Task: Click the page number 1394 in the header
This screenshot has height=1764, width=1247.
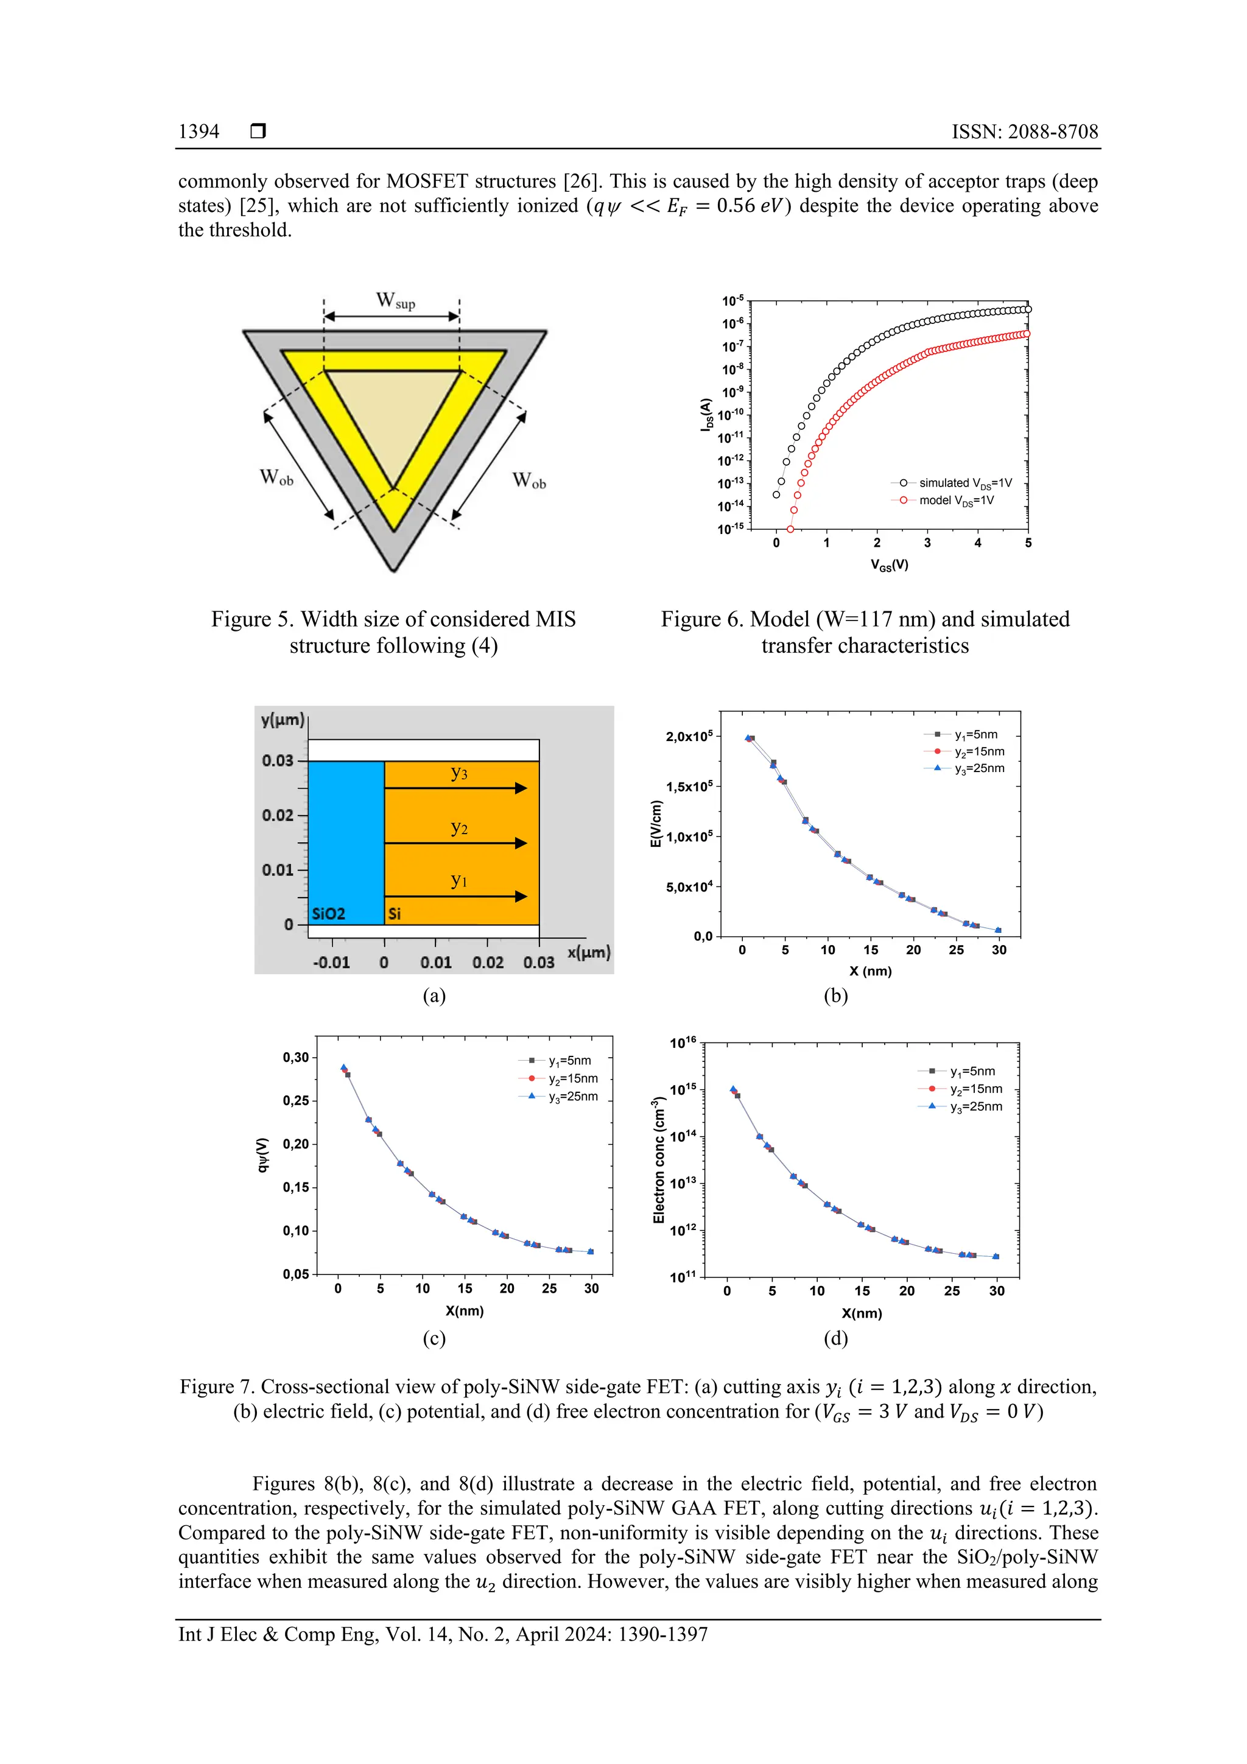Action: pyautogui.click(x=198, y=132)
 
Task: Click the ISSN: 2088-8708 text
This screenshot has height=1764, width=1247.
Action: pyautogui.click(x=1025, y=132)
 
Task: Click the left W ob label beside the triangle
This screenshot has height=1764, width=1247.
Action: pyautogui.click(x=276, y=477)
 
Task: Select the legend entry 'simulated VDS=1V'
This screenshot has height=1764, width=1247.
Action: pyautogui.click(x=965, y=483)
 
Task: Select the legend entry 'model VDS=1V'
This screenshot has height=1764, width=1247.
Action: pyautogui.click(x=956, y=501)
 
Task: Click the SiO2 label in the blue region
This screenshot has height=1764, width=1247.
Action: pyautogui.click(x=328, y=913)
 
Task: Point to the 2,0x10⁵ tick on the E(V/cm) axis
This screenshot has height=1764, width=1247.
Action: pyautogui.click(x=689, y=737)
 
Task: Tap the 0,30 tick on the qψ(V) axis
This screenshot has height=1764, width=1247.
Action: pyautogui.click(x=296, y=1057)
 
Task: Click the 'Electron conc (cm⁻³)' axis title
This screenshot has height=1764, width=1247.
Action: pyautogui.click(x=658, y=1160)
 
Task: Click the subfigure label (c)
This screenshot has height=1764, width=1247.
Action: pyautogui.click(x=434, y=1338)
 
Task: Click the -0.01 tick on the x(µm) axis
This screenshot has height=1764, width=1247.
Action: pyautogui.click(x=331, y=963)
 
